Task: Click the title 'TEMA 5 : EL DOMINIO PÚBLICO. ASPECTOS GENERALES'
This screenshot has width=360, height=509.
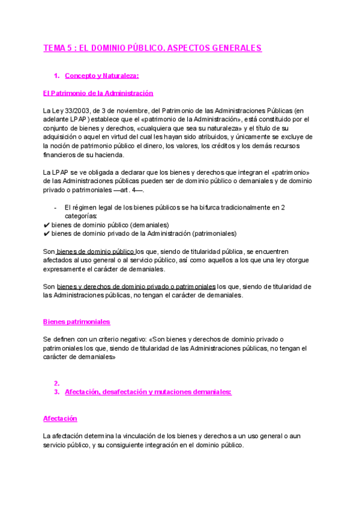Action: coord(152,48)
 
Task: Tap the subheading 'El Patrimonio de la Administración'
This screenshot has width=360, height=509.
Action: coord(98,93)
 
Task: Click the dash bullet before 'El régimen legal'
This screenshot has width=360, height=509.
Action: coord(55,208)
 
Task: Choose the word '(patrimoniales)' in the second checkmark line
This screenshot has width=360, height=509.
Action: coord(214,233)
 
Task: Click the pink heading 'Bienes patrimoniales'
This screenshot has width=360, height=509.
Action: coord(76,322)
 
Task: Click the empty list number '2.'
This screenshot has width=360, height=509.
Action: coord(56,383)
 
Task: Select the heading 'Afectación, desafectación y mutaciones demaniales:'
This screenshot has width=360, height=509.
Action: coord(148,392)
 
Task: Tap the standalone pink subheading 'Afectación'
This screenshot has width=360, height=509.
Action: coord(60,418)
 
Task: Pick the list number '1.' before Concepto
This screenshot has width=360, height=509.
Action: coord(56,76)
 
